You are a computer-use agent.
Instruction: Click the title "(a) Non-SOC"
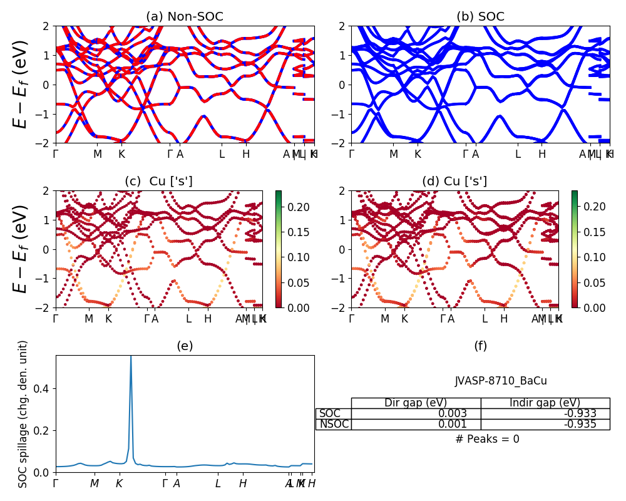185,17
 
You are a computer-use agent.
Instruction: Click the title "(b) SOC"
480,17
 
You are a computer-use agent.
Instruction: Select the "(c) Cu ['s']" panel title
159,182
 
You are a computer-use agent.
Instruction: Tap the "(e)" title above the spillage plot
185,346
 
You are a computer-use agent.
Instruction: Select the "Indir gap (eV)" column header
545,403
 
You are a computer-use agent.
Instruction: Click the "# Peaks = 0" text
487,439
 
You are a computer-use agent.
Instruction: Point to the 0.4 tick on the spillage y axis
43,389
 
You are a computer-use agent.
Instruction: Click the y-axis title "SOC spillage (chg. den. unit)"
23,414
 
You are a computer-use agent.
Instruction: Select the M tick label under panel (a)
98,154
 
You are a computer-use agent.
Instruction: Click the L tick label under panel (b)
518,154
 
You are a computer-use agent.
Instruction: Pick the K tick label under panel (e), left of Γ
118,483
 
